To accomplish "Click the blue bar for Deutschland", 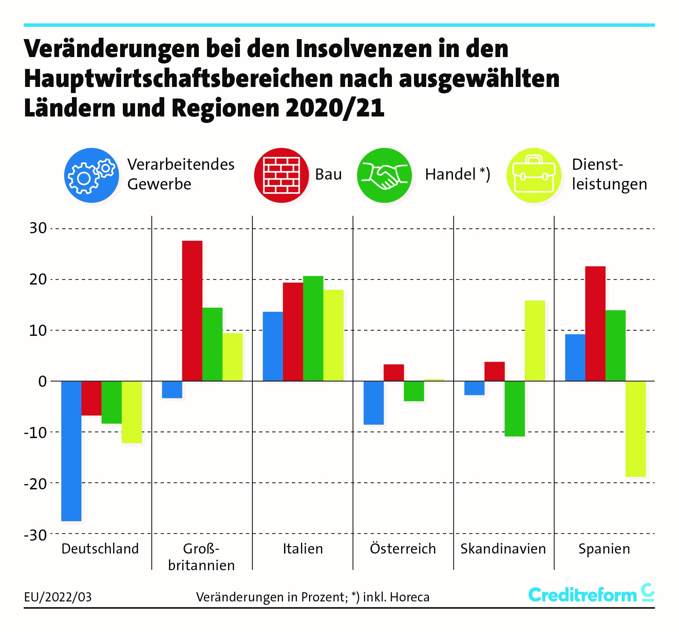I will click(x=71, y=451).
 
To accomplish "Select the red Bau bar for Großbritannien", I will click(x=192, y=311).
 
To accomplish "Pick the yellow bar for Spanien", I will click(x=635, y=429).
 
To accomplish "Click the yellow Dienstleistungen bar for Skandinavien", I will click(x=534, y=340).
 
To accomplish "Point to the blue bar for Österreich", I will click(x=373, y=403).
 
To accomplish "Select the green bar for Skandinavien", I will click(x=514, y=409).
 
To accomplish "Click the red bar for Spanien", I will click(x=595, y=323).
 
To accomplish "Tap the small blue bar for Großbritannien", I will click(x=172, y=390).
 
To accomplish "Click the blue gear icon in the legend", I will click(x=92, y=175).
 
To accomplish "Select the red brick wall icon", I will click(x=281, y=175).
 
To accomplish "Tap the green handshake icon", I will click(x=384, y=175).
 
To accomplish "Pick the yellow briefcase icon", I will click(x=533, y=175).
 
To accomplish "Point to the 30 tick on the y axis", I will click(x=38, y=228).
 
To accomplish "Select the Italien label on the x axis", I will click(x=303, y=549).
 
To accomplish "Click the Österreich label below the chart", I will click(x=403, y=549).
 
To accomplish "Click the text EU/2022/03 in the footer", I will click(x=58, y=597).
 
